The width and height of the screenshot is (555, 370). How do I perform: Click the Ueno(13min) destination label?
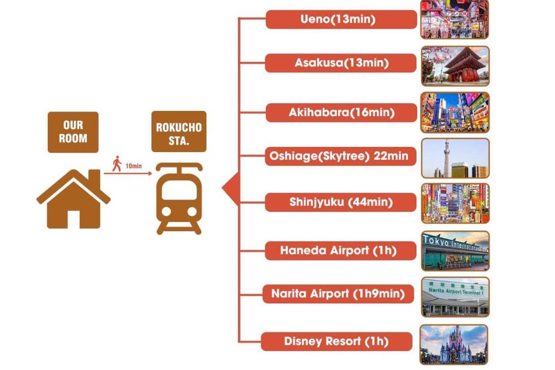341,20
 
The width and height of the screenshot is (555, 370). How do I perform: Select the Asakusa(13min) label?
341,63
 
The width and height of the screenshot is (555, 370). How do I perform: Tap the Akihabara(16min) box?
341,113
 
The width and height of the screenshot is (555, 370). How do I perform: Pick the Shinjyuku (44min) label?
341,202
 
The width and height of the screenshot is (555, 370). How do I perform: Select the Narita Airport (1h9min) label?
338,294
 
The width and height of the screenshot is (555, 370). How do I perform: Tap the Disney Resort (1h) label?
337,341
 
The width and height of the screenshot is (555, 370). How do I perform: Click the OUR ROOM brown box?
73,132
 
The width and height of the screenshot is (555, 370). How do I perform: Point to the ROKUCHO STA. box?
179,132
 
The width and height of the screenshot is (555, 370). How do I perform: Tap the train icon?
179,198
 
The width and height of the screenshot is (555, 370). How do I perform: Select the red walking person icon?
117,164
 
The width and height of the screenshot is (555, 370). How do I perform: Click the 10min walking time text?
133,166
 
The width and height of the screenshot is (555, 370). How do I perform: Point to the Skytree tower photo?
455,158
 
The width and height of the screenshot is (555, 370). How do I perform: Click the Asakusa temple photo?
455,66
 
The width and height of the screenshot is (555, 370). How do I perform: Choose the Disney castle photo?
454,344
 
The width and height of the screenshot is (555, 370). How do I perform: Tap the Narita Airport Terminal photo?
455,297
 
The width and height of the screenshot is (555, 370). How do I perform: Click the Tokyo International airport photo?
455,251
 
